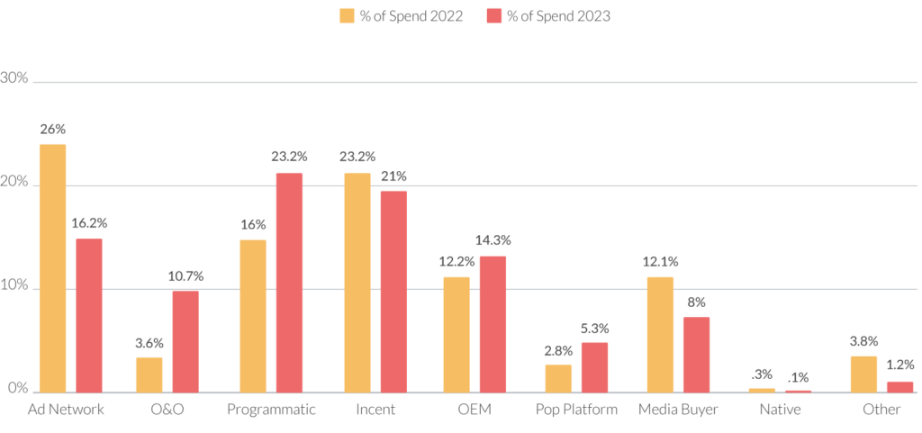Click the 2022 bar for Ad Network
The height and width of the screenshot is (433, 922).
point(52,268)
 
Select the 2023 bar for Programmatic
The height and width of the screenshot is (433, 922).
point(289,283)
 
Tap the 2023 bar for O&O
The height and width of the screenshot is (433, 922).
point(185,341)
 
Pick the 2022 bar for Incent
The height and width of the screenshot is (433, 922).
point(357,283)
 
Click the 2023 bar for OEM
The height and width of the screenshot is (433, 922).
point(493,324)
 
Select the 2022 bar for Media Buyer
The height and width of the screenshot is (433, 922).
point(661,334)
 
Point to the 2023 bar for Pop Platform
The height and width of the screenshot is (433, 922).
point(594,367)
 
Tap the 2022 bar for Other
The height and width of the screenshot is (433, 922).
point(864,374)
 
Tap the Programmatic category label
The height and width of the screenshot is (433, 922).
point(272,410)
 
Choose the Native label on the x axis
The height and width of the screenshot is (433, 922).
point(780,410)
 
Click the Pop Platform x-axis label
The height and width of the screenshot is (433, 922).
point(576,410)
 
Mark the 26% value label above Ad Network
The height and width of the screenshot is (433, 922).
point(52,129)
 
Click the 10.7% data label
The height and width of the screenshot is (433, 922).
point(185,275)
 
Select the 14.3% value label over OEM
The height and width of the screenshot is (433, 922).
point(493,240)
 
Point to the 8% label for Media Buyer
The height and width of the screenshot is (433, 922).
point(697,302)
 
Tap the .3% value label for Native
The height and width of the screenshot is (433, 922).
point(761,374)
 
